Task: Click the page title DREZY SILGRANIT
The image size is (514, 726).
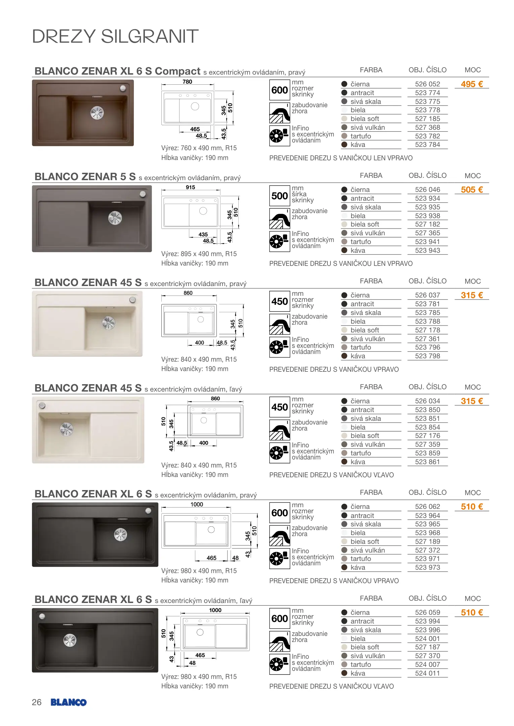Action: pyautogui.click(x=115, y=36)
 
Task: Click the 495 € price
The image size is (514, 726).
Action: pyautogui.click(x=472, y=84)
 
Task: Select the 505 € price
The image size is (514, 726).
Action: pyautogui.click(x=472, y=190)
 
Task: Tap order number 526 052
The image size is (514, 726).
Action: pyautogui.click(x=427, y=84)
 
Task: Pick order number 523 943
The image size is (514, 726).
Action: pyautogui.click(x=427, y=250)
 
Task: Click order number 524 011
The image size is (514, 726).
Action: pyautogui.click(x=427, y=673)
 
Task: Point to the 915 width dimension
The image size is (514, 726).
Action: pyautogui.click(x=190, y=187)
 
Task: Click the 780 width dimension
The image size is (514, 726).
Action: pyautogui.click(x=187, y=82)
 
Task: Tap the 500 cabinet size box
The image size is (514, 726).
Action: pyautogui.click(x=280, y=196)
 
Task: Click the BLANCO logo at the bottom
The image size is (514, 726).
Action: pyautogui.click(x=69, y=702)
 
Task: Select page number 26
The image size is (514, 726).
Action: pyautogui.click(x=37, y=702)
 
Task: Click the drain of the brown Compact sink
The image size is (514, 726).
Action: pyautogui.click(x=97, y=113)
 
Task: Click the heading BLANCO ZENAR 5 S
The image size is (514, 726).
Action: pyautogui.click(x=85, y=177)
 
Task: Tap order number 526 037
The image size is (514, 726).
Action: pyautogui.click(x=427, y=295)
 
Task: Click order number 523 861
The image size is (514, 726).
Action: pyautogui.click(x=427, y=462)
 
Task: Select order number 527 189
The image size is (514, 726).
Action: pyautogui.click(x=427, y=541)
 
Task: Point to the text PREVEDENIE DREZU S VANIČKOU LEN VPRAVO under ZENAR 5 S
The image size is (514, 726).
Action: pyautogui.click(x=341, y=264)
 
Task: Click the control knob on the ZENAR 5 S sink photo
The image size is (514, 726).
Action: pyautogui.click(x=143, y=194)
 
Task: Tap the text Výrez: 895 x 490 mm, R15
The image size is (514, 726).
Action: pyautogui.click(x=199, y=254)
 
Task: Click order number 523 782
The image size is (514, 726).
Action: pyautogui.click(x=427, y=136)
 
